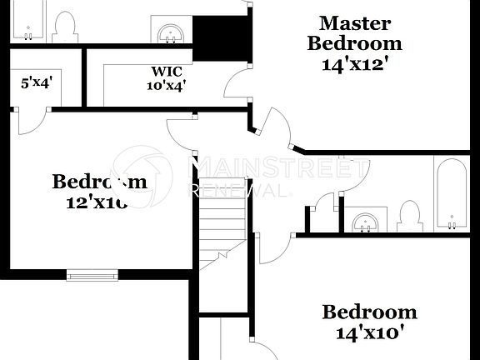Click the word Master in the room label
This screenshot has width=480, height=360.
355,22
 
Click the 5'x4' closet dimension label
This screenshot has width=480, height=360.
36,82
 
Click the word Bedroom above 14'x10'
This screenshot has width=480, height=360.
369,312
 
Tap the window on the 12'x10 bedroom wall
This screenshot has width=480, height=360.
92,275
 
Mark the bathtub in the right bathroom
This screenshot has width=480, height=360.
451,194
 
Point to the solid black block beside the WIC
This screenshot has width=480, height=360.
222,38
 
